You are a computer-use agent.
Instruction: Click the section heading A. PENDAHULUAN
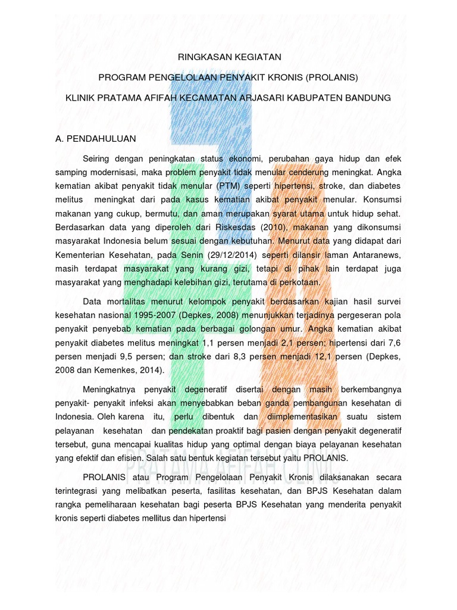[95, 138]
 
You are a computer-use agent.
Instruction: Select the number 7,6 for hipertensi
[395, 343]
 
